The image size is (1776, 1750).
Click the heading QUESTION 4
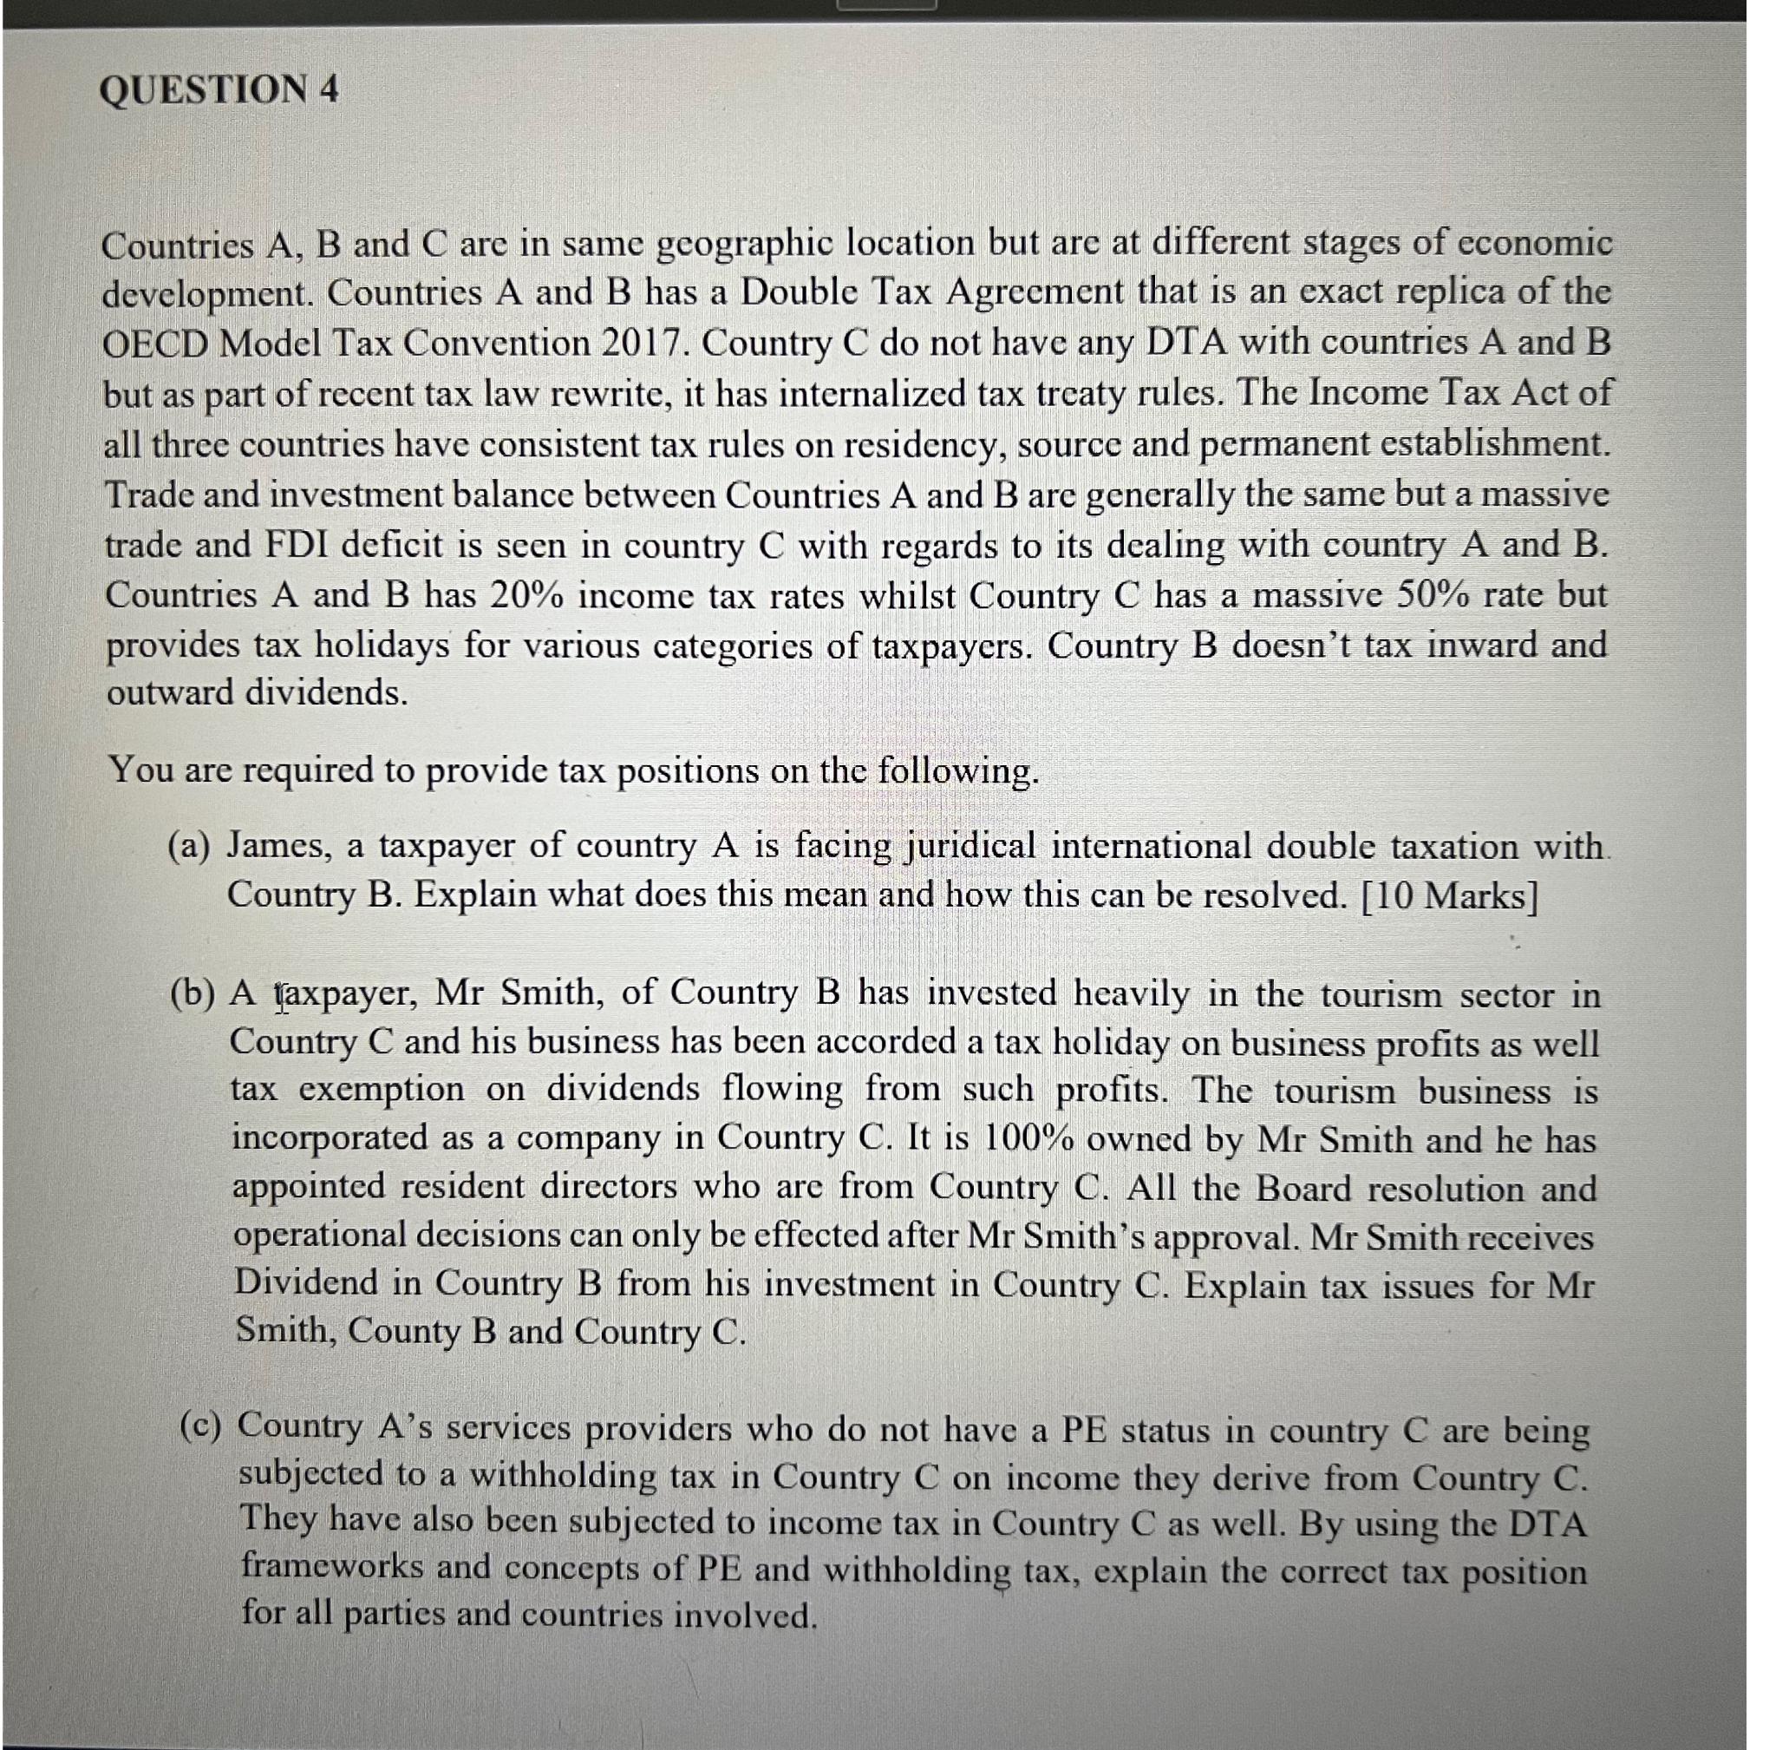coord(219,90)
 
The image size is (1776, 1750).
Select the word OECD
coord(155,344)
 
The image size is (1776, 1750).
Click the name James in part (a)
coord(279,845)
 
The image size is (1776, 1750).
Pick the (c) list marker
coord(201,1426)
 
